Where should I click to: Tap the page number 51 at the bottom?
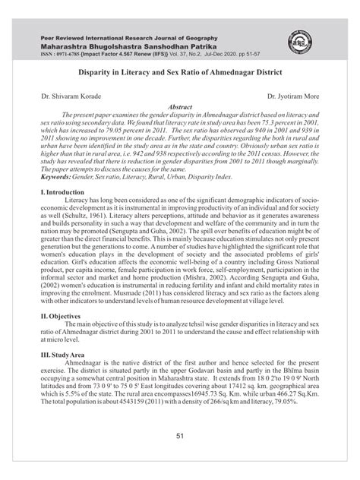point(180,456)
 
